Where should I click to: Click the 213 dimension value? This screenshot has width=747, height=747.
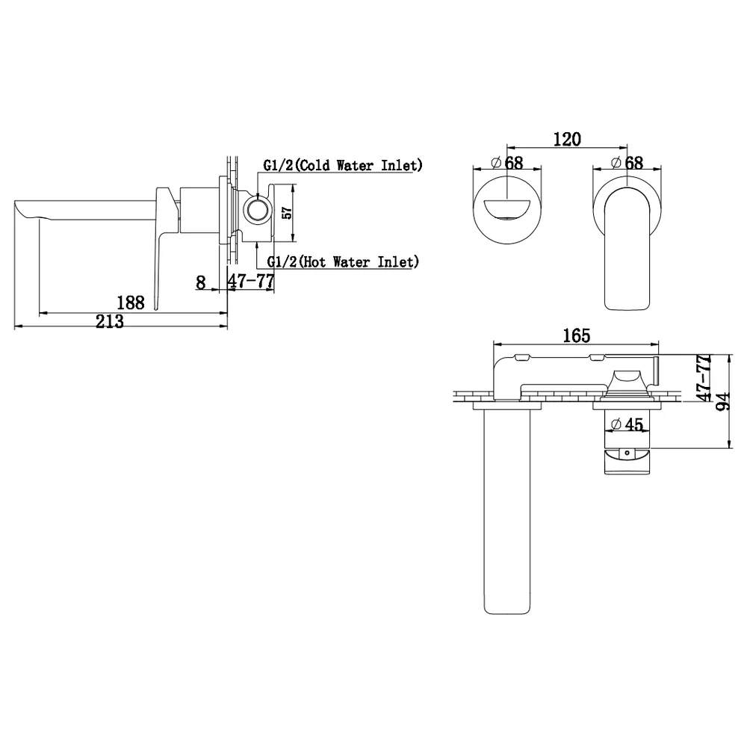tap(110, 321)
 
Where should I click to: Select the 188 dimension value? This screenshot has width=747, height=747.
tap(131, 303)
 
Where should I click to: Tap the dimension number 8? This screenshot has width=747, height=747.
tap(200, 282)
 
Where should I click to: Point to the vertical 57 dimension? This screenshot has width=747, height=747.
tap(288, 212)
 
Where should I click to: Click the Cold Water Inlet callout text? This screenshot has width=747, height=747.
tap(343, 165)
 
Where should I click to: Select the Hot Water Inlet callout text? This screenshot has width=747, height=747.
tap(343, 261)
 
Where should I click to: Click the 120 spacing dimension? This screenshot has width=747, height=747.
tap(567, 139)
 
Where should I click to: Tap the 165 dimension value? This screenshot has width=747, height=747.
tap(577, 335)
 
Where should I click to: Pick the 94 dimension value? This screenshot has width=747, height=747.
tap(723, 401)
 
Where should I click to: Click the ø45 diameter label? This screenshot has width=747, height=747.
tap(627, 424)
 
